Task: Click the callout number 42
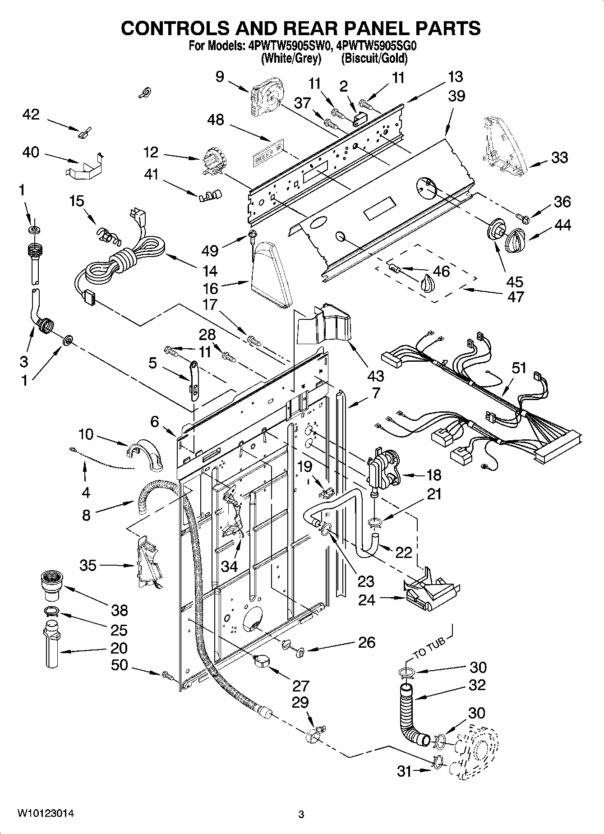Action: tap(31, 115)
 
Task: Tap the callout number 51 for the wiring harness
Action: tap(519, 368)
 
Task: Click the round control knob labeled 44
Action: tap(514, 240)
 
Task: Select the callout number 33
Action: tap(559, 158)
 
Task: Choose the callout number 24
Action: tap(367, 600)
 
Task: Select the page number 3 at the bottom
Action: tap(301, 814)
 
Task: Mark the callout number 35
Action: tap(88, 565)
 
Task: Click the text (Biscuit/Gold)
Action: tap(374, 58)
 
